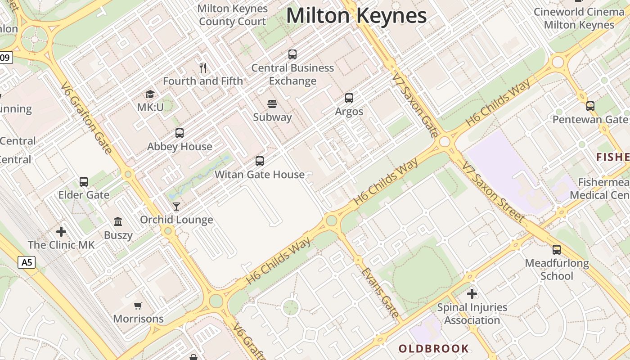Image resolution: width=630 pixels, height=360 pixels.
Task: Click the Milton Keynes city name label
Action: (x=356, y=16)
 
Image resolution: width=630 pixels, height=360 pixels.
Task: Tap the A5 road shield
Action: (x=27, y=262)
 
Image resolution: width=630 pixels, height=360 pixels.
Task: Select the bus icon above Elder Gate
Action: (x=84, y=181)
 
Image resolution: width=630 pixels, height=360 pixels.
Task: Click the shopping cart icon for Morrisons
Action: (x=138, y=306)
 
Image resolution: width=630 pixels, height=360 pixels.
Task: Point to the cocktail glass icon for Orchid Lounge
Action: (x=176, y=207)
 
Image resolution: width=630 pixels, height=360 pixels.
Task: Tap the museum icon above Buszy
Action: (x=118, y=221)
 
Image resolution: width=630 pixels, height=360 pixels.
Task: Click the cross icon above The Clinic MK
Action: (x=61, y=232)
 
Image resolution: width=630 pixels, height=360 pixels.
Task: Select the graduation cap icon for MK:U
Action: (x=150, y=94)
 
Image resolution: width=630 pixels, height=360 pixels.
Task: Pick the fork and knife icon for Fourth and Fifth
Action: (x=203, y=68)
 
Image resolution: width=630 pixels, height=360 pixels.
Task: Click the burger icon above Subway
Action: (x=272, y=104)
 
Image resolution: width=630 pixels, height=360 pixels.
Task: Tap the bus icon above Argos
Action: (x=349, y=98)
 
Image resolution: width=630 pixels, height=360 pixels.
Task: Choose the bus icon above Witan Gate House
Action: (x=260, y=161)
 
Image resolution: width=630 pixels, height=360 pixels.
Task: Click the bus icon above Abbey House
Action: (x=180, y=133)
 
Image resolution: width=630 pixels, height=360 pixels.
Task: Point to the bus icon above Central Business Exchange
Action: (x=292, y=54)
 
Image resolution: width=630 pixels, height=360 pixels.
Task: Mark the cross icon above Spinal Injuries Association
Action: (x=472, y=294)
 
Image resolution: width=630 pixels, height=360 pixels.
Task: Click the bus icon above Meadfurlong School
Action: (x=557, y=250)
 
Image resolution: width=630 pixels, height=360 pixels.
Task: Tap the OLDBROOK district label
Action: (x=433, y=349)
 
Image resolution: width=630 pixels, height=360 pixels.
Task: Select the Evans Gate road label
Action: (x=380, y=292)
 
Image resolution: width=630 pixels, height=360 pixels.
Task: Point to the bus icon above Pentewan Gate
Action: (x=590, y=106)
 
